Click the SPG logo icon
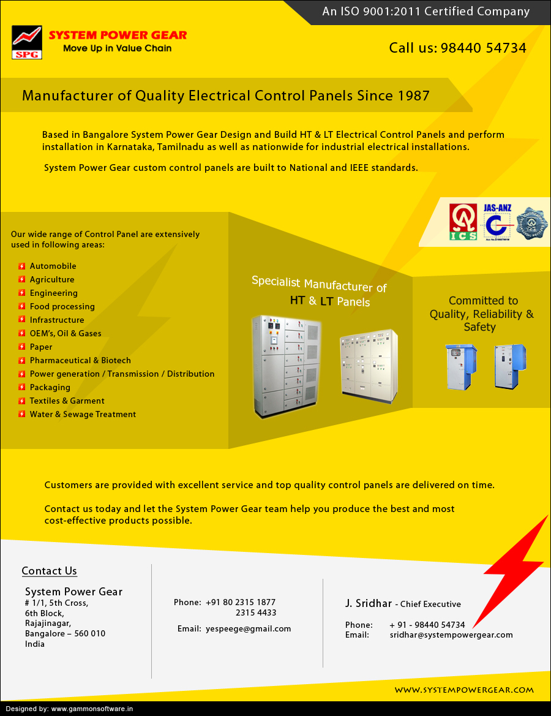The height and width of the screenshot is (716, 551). tap(27, 42)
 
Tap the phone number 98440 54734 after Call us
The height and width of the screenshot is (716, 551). tap(484, 48)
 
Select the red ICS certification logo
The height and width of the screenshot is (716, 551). tap(463, 222)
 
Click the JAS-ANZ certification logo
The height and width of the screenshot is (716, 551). tap(497, 222)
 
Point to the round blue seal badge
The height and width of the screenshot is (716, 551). tap(532, 223)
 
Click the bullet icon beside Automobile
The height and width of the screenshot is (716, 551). tap(22, 266)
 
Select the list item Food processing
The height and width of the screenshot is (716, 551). tap(62, 307)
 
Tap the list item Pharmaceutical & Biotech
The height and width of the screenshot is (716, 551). tap(80, 361)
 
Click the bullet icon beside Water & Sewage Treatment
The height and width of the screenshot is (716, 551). tap(22, 415)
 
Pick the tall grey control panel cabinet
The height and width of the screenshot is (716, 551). tap(287, 366)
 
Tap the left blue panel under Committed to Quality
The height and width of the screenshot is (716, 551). tap(460, 366)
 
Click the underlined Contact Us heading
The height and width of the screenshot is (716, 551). tap(49, 571)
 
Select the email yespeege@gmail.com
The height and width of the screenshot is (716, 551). tap(249, 629)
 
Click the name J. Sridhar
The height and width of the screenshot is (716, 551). tap(368, 604)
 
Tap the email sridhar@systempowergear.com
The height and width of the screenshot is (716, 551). tap(451, 635)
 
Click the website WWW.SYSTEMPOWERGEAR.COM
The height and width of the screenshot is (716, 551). tap(464, 690)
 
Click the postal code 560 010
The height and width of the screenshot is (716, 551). tap(89, 634)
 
